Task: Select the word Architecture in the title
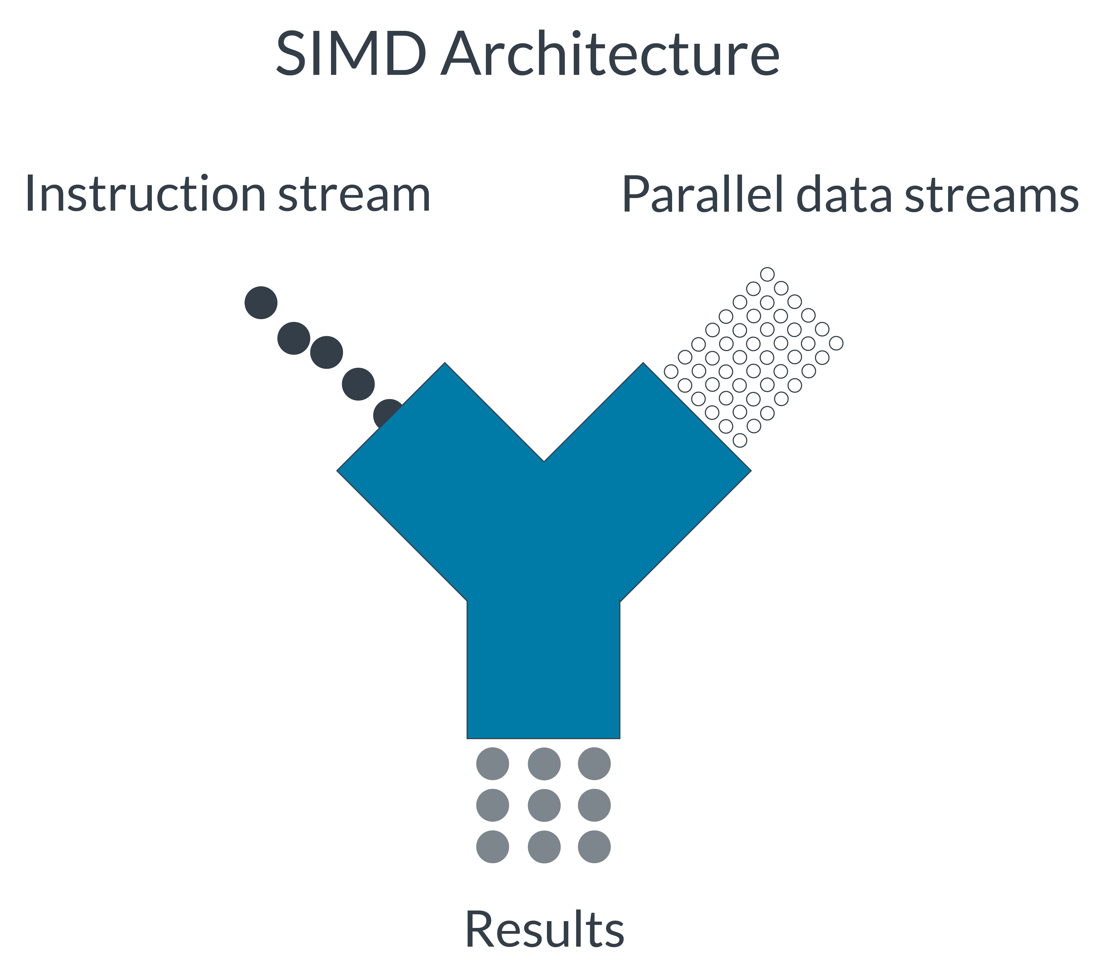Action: [x=610, y=54]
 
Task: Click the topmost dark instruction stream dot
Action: [x=261, y=302]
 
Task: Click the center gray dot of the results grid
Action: [x=544, y=805]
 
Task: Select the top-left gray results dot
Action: [x=493, y=764]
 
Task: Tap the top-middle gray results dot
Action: [x=544, y=764]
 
